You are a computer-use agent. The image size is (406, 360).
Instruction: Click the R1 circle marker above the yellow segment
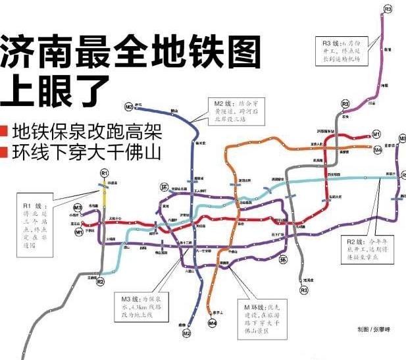pyautogui.click(x=104, y=172)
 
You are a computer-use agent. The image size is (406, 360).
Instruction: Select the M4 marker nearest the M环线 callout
pyautogui.click(x=212, y=323)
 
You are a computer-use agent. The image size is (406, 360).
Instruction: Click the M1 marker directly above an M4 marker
pyautogui.click(x=376, y=134)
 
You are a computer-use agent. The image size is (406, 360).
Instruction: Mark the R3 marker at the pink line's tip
pyautogui.click(x=388, y=9)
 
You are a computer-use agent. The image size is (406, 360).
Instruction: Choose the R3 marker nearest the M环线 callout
pyautogui.click(x=303, y=290)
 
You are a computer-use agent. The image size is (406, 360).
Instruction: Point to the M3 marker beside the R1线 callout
pyautogui.click(x=78, y=209)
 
